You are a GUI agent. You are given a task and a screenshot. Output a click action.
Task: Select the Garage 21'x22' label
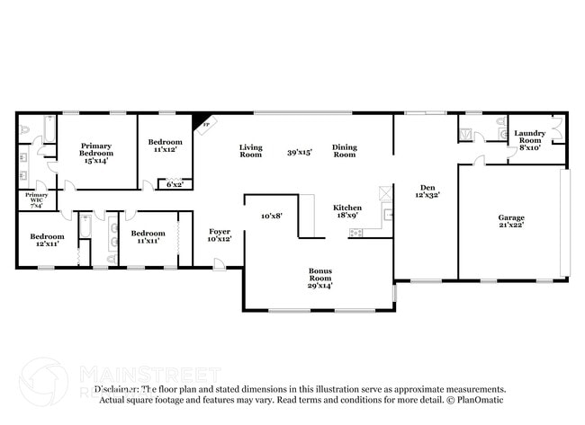(511, 221)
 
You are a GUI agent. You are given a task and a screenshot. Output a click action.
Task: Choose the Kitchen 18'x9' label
(347, 210)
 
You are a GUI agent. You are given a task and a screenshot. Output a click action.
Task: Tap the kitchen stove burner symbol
(355, 233)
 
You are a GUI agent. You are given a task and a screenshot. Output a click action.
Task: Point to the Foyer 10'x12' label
(220, 235)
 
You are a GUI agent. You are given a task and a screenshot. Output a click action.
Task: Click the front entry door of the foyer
(219, 264)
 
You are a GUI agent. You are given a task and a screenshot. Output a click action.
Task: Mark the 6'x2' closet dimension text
(174, 184)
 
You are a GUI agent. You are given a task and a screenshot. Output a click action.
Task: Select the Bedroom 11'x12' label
(166, 146)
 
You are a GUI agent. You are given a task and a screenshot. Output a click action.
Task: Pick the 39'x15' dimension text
(299, 152)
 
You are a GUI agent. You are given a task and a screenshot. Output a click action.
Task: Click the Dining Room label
(345, 151)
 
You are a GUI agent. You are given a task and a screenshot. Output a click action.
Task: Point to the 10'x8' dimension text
(272, 216)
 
